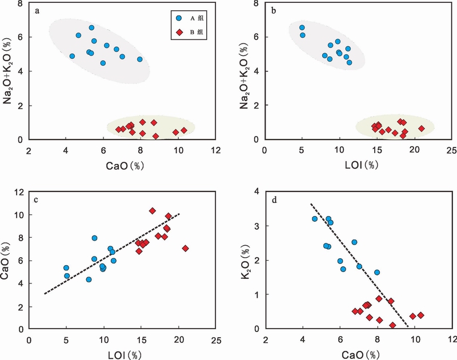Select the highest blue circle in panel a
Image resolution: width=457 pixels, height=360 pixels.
pyautogui.click(x=91, y=27)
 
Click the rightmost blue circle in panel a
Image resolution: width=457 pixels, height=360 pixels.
pyautogui.click(x=140, y=59)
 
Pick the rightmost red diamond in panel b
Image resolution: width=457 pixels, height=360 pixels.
pyautogui.click(x=422, y=129)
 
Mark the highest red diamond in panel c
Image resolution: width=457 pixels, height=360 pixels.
pyautogui.click(x=153, y=211)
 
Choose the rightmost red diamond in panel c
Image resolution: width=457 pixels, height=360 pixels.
pyautogui.click(x=185, y=248)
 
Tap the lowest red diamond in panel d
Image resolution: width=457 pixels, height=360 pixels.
pyautogui.click(x=393, y=325)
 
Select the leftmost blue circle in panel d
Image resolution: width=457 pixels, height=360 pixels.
pyautogui.click(x=315, y=219)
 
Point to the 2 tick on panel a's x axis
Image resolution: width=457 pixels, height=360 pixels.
pyautogui.click(x=29, y=151)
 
